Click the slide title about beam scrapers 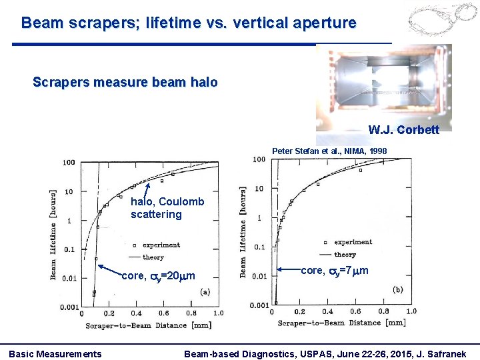point(189,23)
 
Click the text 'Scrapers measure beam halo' point(125,83)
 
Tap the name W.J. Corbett point(403,130)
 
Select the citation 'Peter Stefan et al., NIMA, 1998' point(329,151)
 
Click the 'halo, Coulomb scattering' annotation point(167,208)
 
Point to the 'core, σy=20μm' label point(159,275)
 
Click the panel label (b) point(398,290)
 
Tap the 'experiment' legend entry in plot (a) point(161,245)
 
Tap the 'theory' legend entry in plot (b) point(345,255)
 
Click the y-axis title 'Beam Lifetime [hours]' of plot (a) point(54,233)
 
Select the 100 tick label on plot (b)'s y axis point(259,159)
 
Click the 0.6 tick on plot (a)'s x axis point(164,313)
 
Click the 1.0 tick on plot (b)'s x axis point(411,311)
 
